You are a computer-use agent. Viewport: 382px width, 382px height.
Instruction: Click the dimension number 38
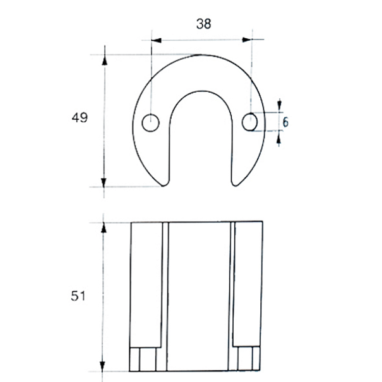click(203, 24)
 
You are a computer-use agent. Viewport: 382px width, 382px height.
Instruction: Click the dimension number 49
click(79, 118)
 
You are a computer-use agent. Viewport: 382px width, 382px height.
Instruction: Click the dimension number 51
click(78, 296)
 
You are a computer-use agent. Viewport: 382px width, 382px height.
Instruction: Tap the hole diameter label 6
click(286, 122)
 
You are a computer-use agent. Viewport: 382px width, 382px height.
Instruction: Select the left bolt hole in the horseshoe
click(151, 123)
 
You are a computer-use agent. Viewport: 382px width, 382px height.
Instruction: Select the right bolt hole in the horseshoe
click(250, 122)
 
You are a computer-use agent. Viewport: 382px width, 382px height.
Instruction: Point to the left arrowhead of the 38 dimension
click(156, 40)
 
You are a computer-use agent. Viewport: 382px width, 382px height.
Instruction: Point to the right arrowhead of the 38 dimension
click(247, 40)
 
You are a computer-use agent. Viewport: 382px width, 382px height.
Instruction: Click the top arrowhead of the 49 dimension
click(105, 60)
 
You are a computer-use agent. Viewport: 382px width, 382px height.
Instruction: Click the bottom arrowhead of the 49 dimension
click(104, 182)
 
